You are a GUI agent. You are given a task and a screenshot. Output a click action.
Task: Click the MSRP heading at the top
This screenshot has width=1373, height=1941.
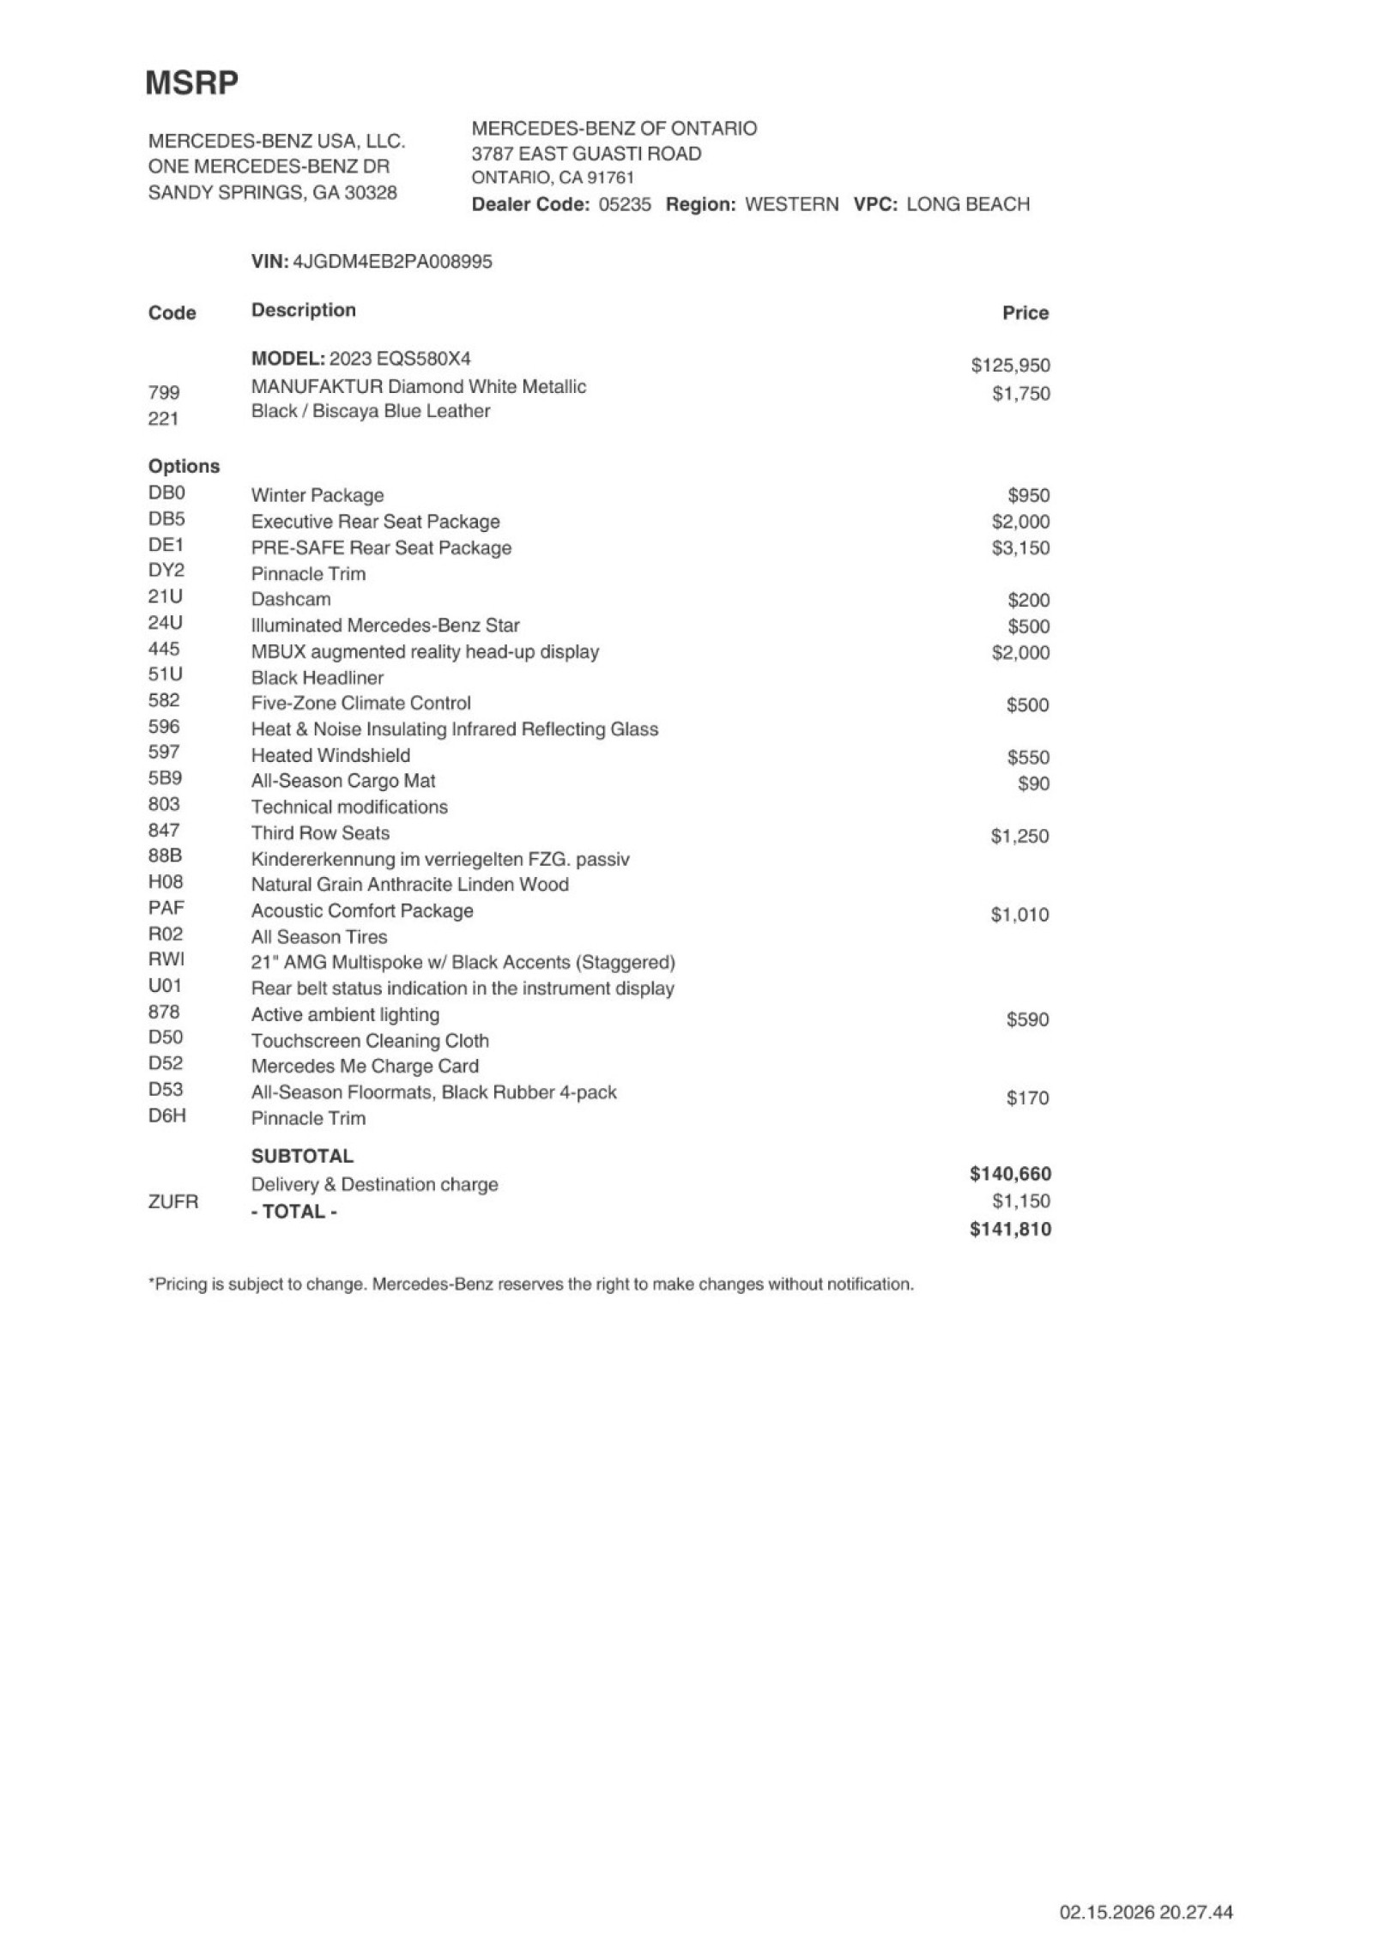tap(191, 83)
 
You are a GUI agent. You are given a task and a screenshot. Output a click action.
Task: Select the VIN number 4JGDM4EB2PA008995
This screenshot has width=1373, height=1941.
tap(392, 262)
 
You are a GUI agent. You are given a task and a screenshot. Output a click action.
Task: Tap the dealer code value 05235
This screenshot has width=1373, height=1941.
tap(624, 204)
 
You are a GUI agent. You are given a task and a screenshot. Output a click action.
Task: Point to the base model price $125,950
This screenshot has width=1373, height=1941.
tap(1010, 366)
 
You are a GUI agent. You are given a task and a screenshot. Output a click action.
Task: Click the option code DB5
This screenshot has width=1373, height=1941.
tap(166, 519)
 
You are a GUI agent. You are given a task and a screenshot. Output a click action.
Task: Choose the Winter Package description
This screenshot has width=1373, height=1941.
tap(318, 495)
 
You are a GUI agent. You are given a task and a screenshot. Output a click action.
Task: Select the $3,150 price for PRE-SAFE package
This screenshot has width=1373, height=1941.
tap(1020, 547)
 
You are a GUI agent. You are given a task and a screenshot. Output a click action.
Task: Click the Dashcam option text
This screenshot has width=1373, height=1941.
tap(291, 599)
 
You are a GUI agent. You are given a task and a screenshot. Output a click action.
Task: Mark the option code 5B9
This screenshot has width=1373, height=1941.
tap(165, 778)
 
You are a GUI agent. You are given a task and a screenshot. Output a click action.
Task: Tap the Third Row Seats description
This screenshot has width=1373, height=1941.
tap(320, 832)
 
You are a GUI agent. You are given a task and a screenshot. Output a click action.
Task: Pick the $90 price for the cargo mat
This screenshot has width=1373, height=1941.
tap(1033, 783)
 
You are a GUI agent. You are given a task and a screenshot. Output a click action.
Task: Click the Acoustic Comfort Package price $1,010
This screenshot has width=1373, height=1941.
tap(1019, 915)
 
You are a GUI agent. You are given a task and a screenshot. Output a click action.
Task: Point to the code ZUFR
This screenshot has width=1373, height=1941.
tap(173, 1201)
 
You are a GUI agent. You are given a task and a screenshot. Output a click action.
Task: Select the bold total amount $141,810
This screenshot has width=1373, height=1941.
tap(1010, 1230)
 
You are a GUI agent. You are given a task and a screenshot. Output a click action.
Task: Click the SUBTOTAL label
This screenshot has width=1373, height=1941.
tap(302, 1156)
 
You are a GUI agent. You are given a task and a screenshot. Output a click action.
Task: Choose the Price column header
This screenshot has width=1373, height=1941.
tap(1025, 313)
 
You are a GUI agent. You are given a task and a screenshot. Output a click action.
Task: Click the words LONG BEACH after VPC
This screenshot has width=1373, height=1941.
tap(967, 204)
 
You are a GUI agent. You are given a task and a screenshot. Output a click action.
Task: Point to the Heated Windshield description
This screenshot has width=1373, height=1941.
tap(330, 755)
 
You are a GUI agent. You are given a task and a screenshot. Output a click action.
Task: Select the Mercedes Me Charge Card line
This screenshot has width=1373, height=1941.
tap(365, 1066)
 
